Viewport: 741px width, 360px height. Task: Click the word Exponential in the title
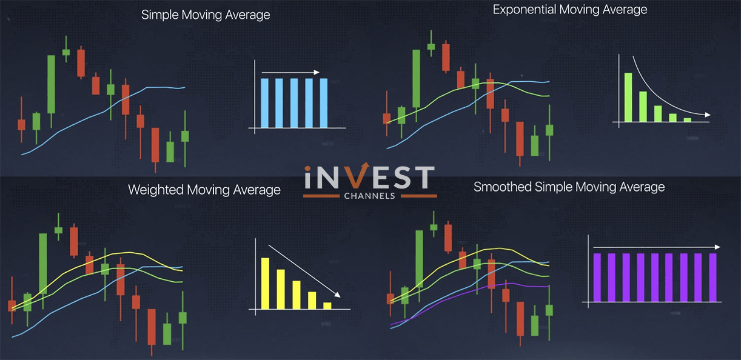pyautogui.click(x=525, y=10)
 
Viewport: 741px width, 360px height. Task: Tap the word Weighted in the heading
pyautogui.click(x=156, y=190)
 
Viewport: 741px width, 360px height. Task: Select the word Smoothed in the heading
pyautogui.click(x=503, y=187)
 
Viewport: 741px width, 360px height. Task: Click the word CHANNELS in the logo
pyautogui.click(x=369, y=196)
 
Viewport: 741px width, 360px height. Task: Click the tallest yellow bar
pyautogui.click(x=266, y=283)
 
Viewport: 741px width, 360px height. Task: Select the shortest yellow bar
pyautogui.click(x=327, y=306)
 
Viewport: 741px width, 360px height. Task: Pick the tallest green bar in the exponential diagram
pyautogui.click(x=628, y=97)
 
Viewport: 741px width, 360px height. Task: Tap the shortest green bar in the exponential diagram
pyautogui.click(x=688, y=119)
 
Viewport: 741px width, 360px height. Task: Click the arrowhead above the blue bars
pyautogui.click(x=317, y=72)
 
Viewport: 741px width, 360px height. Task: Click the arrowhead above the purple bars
pyautogui.click(x=717, y=247)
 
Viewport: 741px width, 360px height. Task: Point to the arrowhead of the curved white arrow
pyautogui.click(x=707, y=115)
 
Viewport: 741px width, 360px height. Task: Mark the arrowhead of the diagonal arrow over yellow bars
pyautogui.click(x=337, y=294)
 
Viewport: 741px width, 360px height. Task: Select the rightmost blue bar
pyautogui.click(x=324, y=103)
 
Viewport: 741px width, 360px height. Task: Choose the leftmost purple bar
pyautogui.click(x=597, y=278)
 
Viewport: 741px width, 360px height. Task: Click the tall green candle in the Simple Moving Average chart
pyautogui.click(x=52, y=84)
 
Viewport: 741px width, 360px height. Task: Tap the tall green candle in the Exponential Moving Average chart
pyautogui.click(x=416, y=78)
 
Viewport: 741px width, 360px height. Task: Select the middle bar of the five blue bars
pyautogui.click(x=294, y=103)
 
